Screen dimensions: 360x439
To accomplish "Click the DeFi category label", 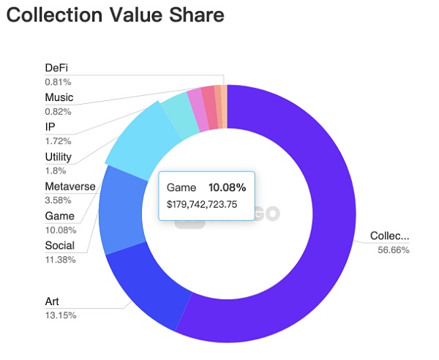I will coord(56,68).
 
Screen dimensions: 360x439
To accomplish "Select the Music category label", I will coord(59,97).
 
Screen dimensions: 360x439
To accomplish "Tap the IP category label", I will coord(50,127).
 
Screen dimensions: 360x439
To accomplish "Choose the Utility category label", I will coord(58,157).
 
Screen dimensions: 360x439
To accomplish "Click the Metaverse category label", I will coord(70,186).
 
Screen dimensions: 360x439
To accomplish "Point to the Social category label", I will coord(59,245).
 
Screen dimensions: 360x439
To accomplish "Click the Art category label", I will coord(53,301).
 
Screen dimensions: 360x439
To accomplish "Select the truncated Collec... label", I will coord(390,236).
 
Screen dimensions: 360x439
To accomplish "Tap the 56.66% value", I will coord(394,250).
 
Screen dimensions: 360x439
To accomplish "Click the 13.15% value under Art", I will coord(60,315).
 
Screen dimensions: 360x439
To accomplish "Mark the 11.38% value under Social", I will coord(60,259).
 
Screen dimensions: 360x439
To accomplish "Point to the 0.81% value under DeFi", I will coord(58,82).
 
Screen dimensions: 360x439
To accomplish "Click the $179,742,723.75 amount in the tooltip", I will coord(202,204).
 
